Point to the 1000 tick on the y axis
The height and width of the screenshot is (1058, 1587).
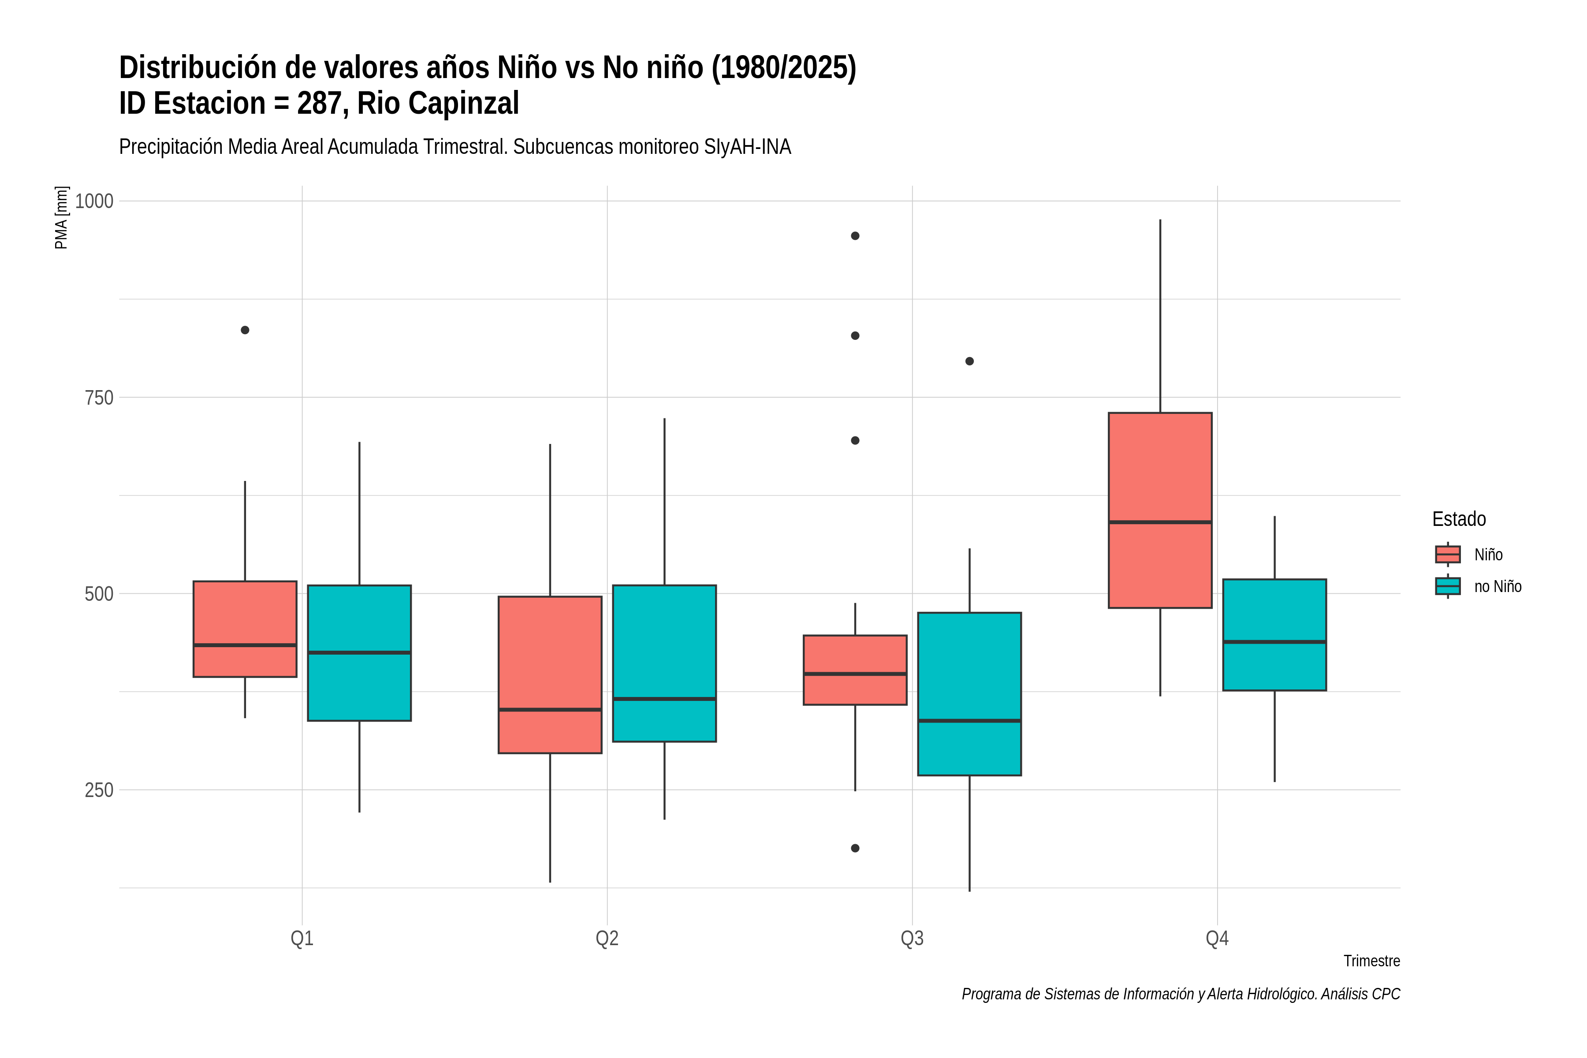[x=94, y=201]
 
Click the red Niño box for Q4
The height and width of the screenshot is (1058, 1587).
[x=1160, y=510]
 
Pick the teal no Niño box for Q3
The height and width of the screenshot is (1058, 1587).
[x=969, y=693]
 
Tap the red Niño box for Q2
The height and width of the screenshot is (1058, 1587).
[x=550, y=675]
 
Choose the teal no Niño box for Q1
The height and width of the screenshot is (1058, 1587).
[x=359, y=653]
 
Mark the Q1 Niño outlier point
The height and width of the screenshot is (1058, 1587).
[x=245, y=330]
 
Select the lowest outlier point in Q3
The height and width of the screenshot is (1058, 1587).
[x=855, y=848]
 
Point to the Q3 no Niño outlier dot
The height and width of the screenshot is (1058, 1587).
[x=969, y=361]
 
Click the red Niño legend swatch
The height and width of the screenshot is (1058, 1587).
[x=1448, y=555]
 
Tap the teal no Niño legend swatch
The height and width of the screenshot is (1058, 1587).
[x=1448, y=586]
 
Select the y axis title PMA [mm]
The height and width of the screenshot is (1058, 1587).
[x=61, y=217]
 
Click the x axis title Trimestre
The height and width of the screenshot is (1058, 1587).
[x=1372, y=961]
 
